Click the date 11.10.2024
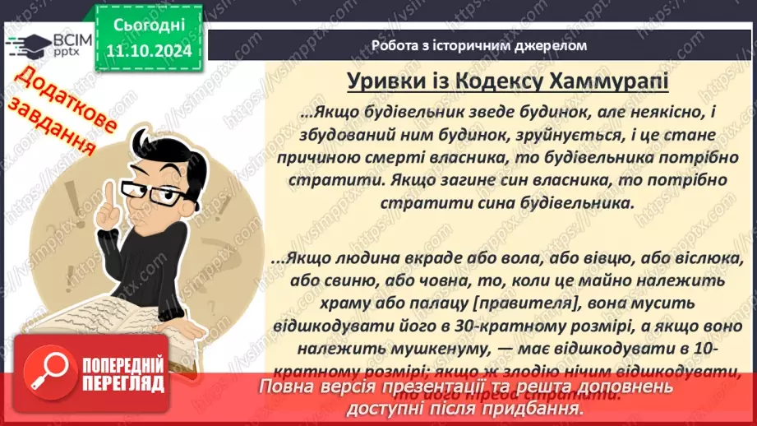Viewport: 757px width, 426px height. (x=149, y=51)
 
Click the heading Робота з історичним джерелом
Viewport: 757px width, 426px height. (x=479, y=45)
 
